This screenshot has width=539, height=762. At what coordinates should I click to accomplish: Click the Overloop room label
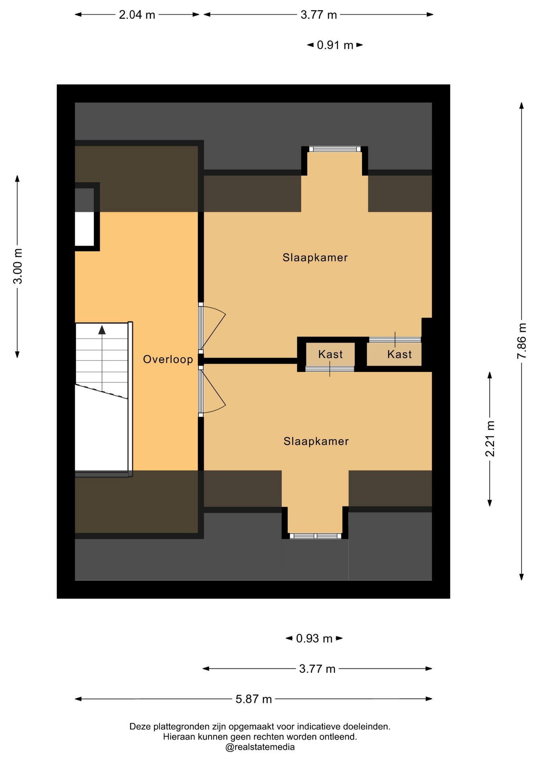tap(168, 360)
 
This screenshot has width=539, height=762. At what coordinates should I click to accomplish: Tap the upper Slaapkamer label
tap(315, 258)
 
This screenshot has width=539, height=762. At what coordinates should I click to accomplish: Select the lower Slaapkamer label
tap(316, 441)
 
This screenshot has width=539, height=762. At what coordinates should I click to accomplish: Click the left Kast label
tap(330, 354)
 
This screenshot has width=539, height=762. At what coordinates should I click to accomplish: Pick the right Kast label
tap(399, 354)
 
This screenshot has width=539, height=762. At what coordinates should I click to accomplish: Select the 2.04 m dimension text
tap(137, 15)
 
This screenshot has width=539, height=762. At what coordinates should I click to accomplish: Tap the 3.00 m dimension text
tap(18, 266)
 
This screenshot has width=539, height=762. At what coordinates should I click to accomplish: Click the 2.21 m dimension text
tap(490, 439)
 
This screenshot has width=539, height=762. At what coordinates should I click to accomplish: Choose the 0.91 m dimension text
tap(335, 45)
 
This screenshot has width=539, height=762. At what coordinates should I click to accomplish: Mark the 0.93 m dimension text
tap(314, 639)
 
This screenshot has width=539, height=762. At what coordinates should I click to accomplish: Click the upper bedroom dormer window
tap(335, 149)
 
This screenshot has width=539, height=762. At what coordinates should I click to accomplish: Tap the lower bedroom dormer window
tap(315, 536)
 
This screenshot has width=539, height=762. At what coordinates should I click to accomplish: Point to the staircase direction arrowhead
tap(102, 329)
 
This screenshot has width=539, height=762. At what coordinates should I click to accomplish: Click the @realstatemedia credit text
tap(260, 747)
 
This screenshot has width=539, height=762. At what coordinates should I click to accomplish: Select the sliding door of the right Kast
tap(395, 340)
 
